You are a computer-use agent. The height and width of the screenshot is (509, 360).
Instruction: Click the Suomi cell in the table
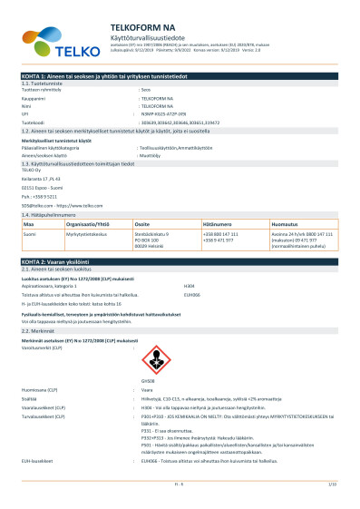(x=30, y=234)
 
